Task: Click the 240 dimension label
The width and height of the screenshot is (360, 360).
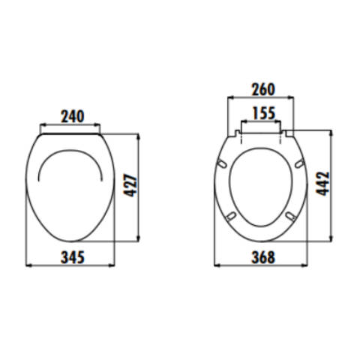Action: [73, 116]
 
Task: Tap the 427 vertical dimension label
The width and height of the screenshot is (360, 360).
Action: [131, 186]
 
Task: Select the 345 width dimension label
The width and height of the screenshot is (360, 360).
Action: [73, 257]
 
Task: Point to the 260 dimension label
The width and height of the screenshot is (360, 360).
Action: [263, 89]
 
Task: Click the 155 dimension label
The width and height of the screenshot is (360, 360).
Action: [264, 113]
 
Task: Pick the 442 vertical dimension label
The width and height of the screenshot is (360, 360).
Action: [322, 183]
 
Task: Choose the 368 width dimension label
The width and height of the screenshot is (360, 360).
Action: [263, 257]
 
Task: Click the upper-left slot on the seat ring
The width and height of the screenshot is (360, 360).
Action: [222, 163]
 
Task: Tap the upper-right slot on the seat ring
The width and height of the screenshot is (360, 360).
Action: [299, 163]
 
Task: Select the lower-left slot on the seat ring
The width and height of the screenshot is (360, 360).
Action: [231, 216]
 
